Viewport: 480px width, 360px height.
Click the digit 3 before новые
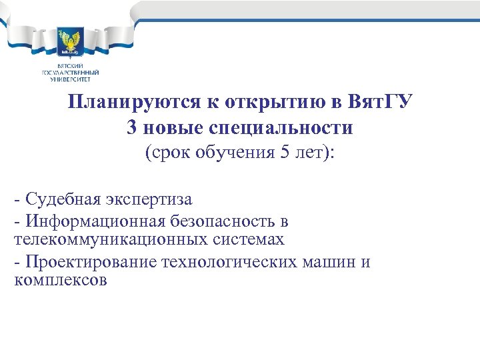(x=131, y=127)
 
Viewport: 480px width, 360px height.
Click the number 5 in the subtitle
(x=285, y=153)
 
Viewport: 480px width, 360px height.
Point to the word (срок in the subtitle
(x=165, y=153)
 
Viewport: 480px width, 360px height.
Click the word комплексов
(x=60, y=280)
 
